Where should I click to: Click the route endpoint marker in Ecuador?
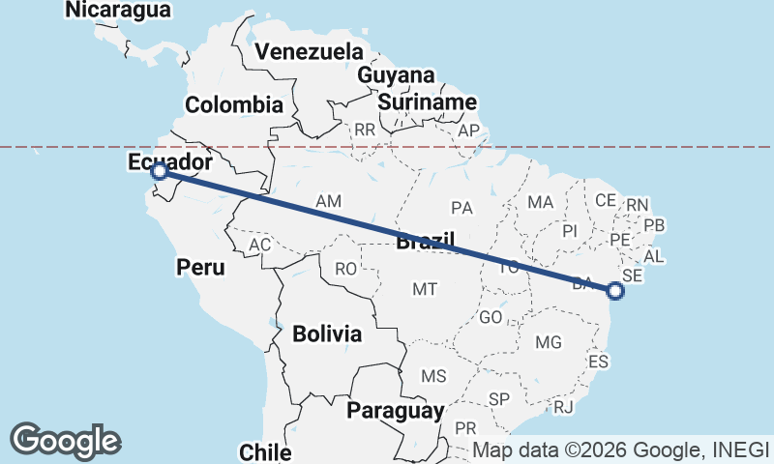[160, 172]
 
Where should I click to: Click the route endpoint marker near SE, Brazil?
[615, 290]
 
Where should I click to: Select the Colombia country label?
[234, 105]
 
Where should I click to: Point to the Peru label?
[200, 267]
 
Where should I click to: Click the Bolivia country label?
[327, 334]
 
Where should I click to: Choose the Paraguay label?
[396, 410]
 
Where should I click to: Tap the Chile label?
[265, 451]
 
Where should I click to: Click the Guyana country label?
[396, 75]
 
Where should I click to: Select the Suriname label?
[427, 101]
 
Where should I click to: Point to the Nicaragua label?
[118, 11]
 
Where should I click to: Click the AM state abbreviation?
[329, 201]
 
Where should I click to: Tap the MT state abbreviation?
[425, 288]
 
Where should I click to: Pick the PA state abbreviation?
[461, 208]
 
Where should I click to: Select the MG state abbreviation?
[549, 342]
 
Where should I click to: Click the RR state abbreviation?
[365, 130]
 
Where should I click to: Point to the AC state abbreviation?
[259, 245]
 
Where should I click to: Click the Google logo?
[65, 441]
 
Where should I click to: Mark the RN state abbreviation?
[638, 205]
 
